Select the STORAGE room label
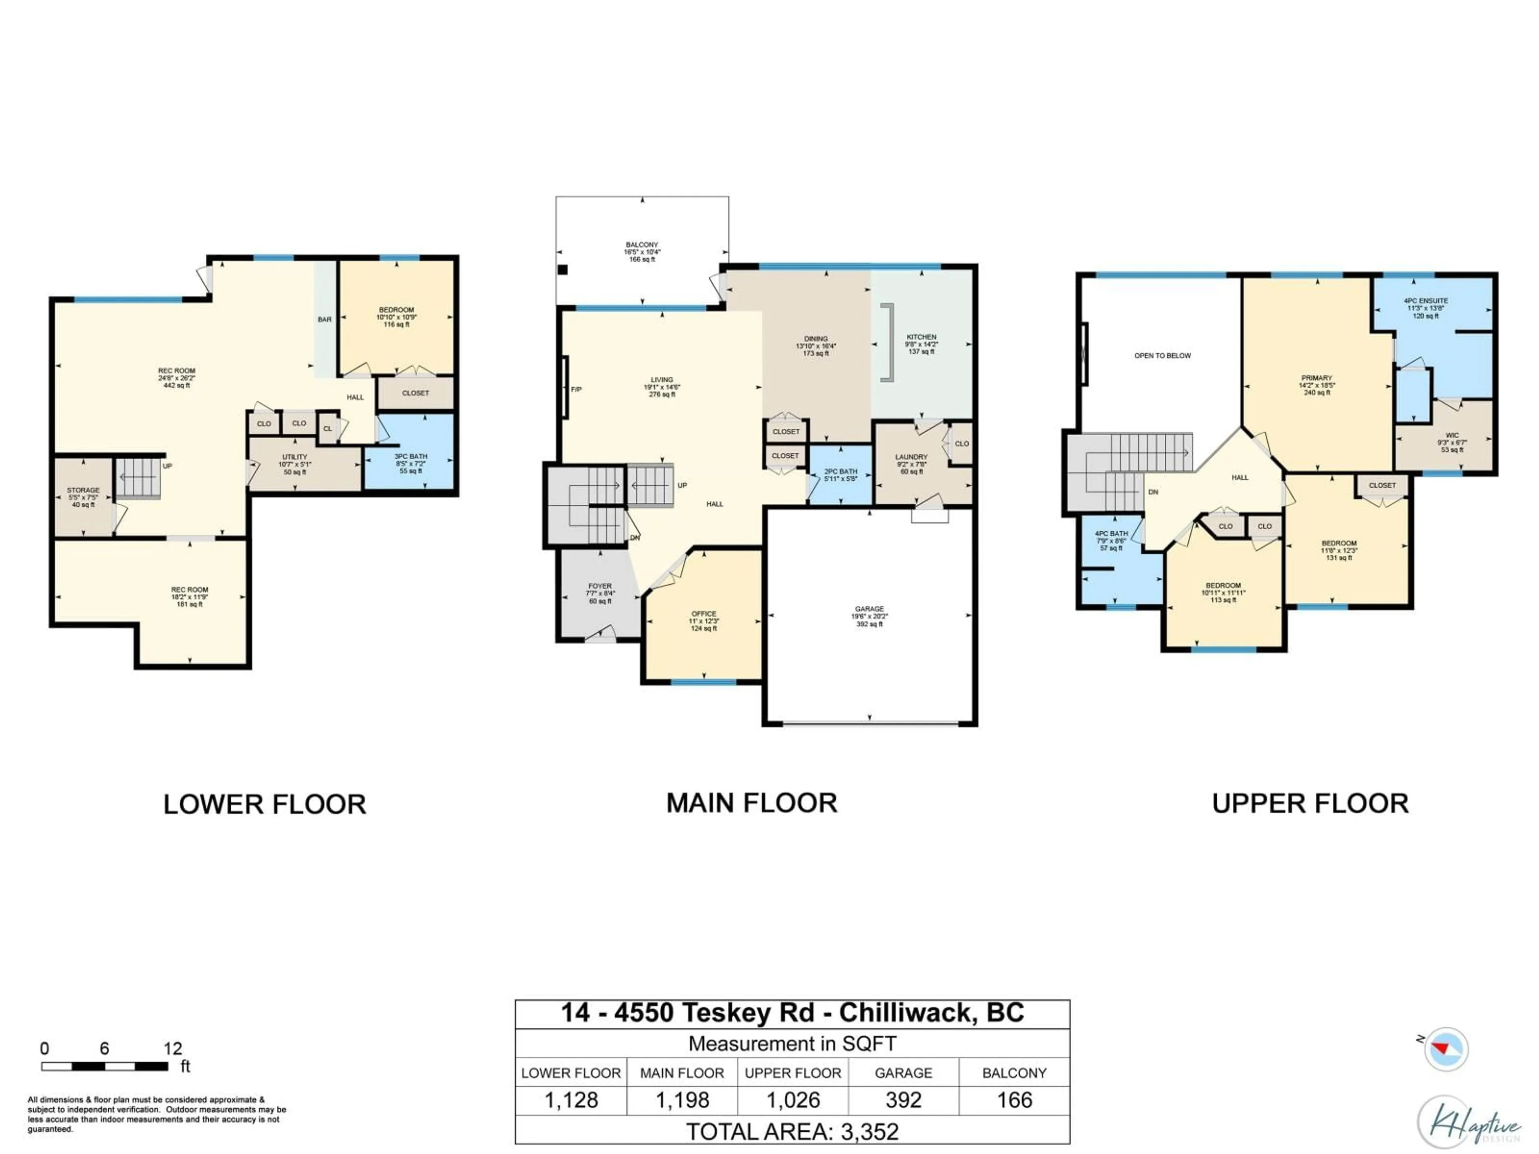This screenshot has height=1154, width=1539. coord(83,496)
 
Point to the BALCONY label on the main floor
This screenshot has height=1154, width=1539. coord(642,252)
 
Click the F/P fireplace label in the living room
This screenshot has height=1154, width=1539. coord(576,389)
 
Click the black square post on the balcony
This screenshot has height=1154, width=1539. coord(563,270)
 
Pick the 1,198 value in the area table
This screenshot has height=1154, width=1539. coord(682,1100)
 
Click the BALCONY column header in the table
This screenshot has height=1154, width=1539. coord(1014,1073)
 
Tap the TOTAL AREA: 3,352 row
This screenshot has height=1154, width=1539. coord(792,1132)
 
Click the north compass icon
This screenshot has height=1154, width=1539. coord(1446,1048)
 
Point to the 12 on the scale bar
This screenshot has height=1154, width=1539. coord(173,1048)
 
